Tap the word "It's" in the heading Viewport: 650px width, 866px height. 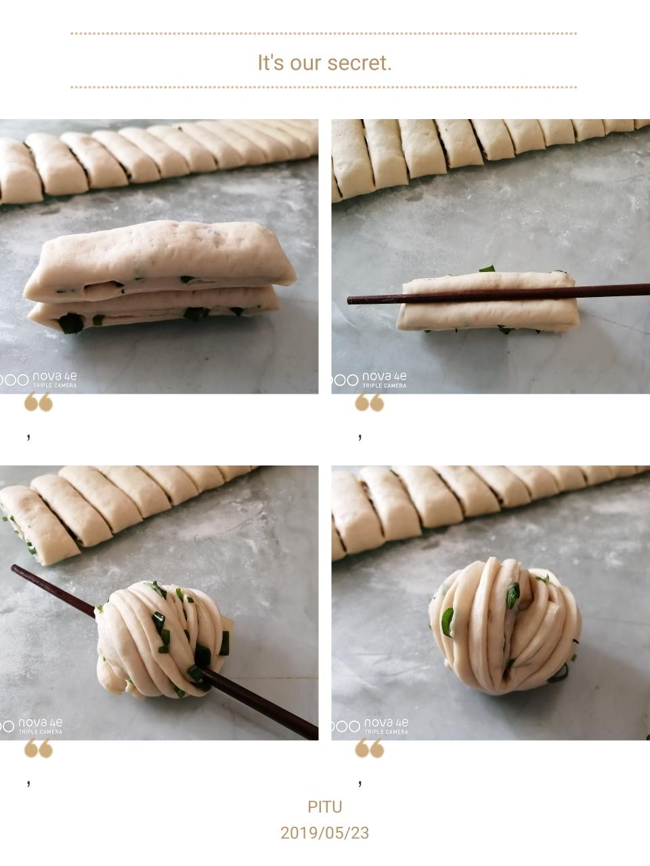click(x=271, y=63)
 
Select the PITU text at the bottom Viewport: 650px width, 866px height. click(x=325, y=807)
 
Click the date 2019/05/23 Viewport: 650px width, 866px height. click(x=325, y=834)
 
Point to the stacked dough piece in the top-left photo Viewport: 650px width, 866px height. click(x=160, y=276)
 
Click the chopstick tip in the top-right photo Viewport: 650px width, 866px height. click(x=349, y=300)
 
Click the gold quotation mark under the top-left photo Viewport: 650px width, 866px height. click(x=39, y=402)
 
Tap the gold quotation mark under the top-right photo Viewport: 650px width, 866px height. click(x=370, y=402)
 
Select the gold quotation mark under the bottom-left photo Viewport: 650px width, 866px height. click(x=39, y=748)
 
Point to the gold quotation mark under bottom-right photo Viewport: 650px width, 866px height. click(x=370, y=748)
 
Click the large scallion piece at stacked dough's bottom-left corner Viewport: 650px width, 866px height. click(x=71, y=323)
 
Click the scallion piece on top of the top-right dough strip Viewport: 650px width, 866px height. click(x=487, y=269)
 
